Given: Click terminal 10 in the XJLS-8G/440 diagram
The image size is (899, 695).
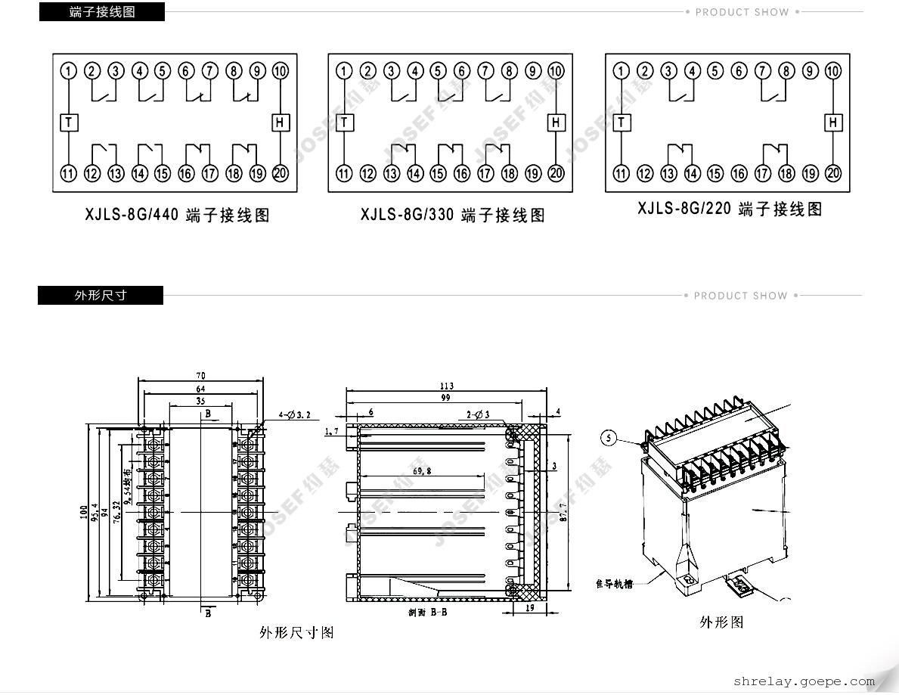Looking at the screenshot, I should click(x=281, y=71).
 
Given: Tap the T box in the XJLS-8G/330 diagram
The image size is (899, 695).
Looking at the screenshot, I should click(x=345, y=123).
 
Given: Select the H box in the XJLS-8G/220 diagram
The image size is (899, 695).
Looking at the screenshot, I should click(x=833, y=122).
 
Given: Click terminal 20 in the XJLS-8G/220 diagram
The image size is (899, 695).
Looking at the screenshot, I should click(x=833, y=174).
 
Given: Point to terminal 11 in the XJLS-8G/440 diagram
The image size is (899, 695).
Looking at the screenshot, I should click(x=69, y=174).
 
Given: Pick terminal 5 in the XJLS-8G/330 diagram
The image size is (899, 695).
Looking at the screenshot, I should click(x=438, y=71).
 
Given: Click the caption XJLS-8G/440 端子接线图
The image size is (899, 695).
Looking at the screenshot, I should click(x=177, y=216).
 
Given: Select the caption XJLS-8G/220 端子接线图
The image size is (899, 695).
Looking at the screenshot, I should click(x=730, y=209).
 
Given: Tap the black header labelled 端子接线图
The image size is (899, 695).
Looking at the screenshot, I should click(x=101, y=12).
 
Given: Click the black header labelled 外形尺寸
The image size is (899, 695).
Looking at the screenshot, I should click(x=101, y=296).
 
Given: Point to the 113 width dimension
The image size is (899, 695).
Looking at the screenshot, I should click(x=446, y=386).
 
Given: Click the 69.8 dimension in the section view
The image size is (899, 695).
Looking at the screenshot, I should click(x=423, y=470).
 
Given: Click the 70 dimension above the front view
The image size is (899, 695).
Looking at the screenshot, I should click(x=200, y=375).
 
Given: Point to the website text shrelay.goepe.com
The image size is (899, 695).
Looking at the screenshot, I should click(x=804, y=681).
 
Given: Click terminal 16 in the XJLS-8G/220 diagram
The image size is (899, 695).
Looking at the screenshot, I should click(x=739, y=174).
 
